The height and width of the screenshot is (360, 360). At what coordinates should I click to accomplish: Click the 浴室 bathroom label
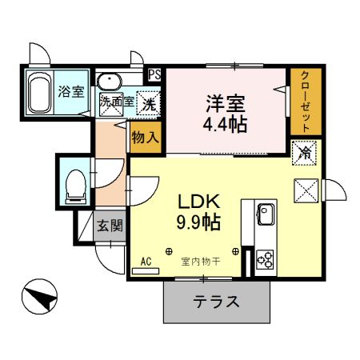click(x=71, y=91)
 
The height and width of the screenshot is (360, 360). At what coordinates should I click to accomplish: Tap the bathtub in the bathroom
click(x=38, y=93)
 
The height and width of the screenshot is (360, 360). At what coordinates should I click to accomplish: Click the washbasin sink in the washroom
click(x=108, y=80)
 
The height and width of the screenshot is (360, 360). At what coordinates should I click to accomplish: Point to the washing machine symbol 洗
click(x=148, y=102)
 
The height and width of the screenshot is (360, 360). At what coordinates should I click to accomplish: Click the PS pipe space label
click(x=154, y=75)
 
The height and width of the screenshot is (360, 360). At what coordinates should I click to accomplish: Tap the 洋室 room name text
click(x=224, y=103)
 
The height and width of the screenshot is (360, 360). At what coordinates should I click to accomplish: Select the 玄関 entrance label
click(x=110, y=225)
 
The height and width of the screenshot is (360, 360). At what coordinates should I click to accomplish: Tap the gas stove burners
click(x=265, y=259)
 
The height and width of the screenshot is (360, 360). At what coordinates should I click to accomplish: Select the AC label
click(x=146, y=262)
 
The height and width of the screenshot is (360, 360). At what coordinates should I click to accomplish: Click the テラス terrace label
click(x=216, y=302)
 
